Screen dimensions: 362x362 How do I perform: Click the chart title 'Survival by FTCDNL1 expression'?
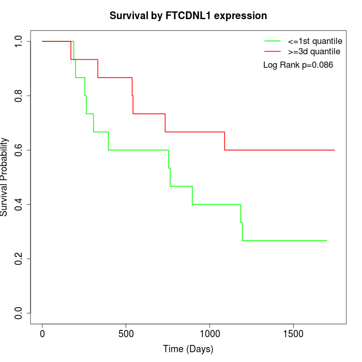point(188,16)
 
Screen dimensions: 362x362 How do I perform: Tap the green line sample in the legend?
point(273,41)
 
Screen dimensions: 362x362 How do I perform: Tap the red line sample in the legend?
point(273,51)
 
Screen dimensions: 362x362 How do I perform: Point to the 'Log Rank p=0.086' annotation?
point(298,65)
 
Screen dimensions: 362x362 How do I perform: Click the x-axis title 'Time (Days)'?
point(188,349)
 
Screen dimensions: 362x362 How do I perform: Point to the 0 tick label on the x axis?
point(42,334)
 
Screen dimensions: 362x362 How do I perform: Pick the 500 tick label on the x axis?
point(126,334)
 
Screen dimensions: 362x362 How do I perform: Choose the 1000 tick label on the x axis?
point(210,334)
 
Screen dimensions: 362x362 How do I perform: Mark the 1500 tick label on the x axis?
point(294,334)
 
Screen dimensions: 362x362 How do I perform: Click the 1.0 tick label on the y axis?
point(19,41)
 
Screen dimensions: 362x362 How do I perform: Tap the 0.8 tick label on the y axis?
point(19,96)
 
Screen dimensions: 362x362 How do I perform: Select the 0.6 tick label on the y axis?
point(19,150)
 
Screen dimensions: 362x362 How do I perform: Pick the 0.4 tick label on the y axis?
point(19,204)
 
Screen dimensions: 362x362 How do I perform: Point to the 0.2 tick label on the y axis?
point(19,259)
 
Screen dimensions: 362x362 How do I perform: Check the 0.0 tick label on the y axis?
point(19,313)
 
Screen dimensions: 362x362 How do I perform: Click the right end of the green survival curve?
point(327,240)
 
